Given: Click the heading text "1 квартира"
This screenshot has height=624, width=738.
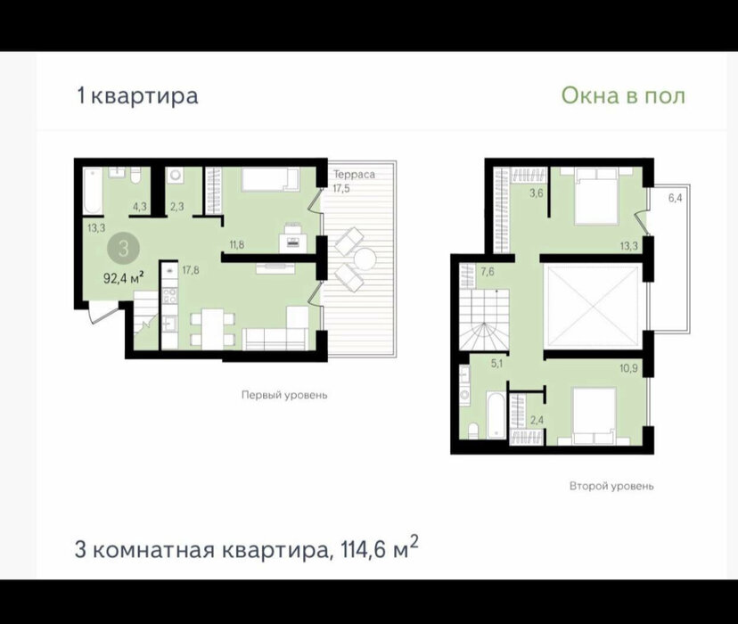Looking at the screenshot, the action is point(137,96).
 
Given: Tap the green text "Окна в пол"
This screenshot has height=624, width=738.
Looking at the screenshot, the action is point(623,95).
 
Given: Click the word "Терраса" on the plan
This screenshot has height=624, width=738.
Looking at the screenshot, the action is point(355,175).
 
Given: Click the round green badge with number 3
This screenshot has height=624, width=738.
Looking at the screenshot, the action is point(123,249).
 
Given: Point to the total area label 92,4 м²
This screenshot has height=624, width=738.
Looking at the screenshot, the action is point(123,278).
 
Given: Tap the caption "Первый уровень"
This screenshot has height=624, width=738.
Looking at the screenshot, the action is point(284,395).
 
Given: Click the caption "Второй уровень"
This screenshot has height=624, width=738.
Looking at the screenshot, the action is point(611,486).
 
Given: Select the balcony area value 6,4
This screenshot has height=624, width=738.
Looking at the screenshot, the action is point(675,198).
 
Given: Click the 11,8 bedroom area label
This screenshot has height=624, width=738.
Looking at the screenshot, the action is point(237,245).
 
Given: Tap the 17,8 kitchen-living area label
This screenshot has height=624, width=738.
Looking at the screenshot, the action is point(191,270).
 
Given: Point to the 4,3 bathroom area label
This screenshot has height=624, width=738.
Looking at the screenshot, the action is point(140,207).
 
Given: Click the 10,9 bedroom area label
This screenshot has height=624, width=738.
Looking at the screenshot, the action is point(628,368).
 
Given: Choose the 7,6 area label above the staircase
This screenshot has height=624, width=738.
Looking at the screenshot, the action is point(488,272).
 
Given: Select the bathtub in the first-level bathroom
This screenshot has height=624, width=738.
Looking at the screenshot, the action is point(93,192).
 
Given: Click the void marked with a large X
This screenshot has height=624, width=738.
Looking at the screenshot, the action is point(593,306).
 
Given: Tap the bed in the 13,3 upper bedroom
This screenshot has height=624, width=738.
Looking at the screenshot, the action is point(596,198).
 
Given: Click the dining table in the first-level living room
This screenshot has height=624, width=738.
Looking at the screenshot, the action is point(213,329).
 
